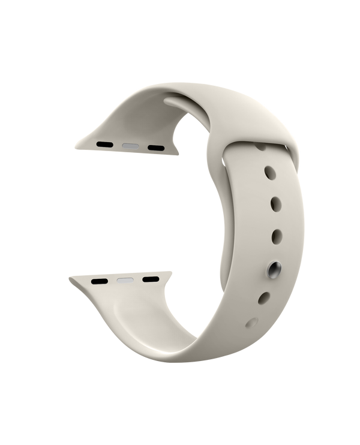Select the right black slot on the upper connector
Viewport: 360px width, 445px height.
156,146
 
